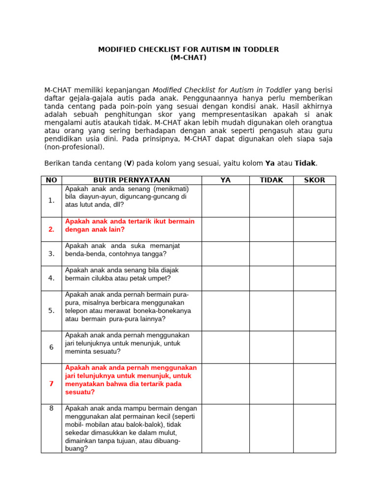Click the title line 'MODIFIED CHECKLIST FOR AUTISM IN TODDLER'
click(x=188, y=50)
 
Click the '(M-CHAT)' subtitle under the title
click(x=188, y=57)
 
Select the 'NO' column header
click(x=52, y=180)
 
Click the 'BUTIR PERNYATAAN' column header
click(x=132, y=180)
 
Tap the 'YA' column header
click(x=225, y=180)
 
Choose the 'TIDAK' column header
click(x=271, y=180)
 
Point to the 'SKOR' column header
click(x=315, y=180)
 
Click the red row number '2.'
click(x=52, y=229)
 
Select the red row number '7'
click(x=52, y=384)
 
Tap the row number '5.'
click(x=52, y=310)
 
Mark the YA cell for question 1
click(x=225, y=201)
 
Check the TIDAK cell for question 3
click(x=271, y=253)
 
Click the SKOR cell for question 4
click(x=315, y=278)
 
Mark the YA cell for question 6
click(x=225, y=347)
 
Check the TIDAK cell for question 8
click(x=271, y=428)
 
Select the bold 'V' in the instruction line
click(x=129, y=164)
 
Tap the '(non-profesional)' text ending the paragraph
click(x=74, y=147)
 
